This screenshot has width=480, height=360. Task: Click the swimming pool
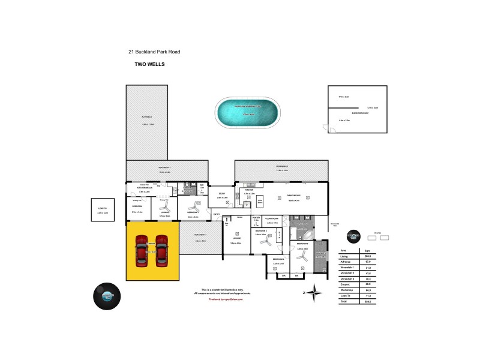pos(247,112)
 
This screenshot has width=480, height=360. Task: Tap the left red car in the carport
pos(142,249)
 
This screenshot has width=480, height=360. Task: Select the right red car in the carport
pos(162,249)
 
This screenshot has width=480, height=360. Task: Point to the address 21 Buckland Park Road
pos(154,52)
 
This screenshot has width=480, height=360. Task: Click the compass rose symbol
pos(314,293)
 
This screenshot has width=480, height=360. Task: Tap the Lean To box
pos(103,209)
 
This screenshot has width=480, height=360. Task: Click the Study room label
pos(221,193)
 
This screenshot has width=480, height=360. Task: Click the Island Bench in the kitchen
pos(260,202)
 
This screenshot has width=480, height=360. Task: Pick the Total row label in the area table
pos(344,301)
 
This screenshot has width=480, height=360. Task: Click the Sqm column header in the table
pos(367,251)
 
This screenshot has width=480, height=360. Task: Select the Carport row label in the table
pos(345,284)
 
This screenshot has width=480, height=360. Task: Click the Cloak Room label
pos(272,219)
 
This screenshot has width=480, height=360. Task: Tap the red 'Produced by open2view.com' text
pos(226,298)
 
